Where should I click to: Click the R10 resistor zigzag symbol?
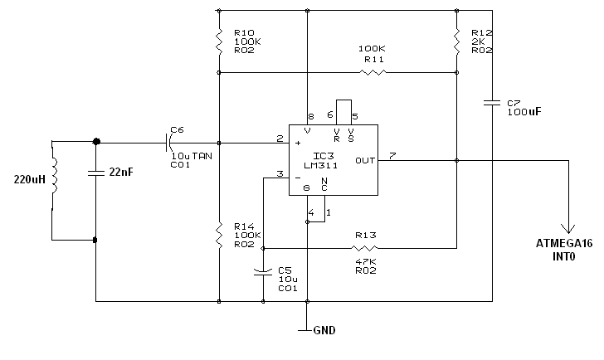(x=219, y=41)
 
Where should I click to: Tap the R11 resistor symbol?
(x=373, y=72)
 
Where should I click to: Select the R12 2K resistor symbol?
(x=456, y=41)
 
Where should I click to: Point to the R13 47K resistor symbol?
(x=364, y=248)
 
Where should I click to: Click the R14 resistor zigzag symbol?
(x=219, y=235)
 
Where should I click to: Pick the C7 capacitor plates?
(x=492, y=103)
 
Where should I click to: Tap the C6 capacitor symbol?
(x=168, y=143)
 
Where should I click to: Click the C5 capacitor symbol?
(x=263, y=272)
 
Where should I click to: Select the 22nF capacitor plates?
(x=96, y=173)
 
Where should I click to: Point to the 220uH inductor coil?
(x=54, y=176)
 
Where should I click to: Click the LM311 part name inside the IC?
(x=321, y=166)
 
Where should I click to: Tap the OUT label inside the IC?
(x=365, y=160)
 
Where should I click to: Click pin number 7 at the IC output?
(x=392, y=156)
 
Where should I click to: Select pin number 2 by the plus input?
(x=280, y=139)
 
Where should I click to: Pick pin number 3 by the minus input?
(x=280, y=173)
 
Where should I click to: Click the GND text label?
(x=324, y=330)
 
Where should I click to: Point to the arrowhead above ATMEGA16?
(x=568, y=229)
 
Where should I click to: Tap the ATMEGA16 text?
(x=564, y=243)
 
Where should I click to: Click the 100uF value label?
(x=524, y=112)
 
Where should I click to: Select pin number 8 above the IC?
(x=311, y=116)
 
